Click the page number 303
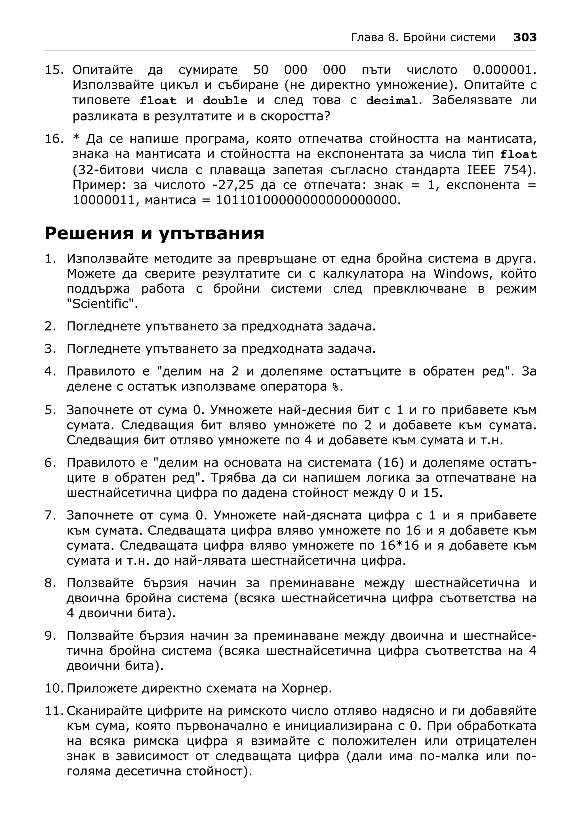pos(525,37)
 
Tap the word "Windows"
pos(461,274)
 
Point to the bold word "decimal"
pos(392,101)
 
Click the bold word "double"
pos(225,101)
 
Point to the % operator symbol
pos(336,387)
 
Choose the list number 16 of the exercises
pos(53,139)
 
